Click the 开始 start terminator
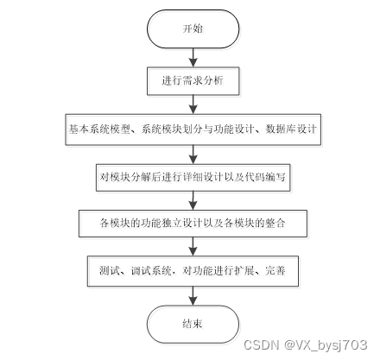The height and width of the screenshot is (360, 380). click(x=193, y=28)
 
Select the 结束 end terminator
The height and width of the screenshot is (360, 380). click(x=193, y=324)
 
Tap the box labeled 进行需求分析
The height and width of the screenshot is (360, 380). click(x=193, y=81)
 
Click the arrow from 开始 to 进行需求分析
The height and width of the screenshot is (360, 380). click(x=193, y=58)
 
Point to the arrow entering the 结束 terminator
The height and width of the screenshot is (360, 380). click(x=193, y=296)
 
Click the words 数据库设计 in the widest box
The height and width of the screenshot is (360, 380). click(x=290, y=129)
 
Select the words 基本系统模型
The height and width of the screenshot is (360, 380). click(x=99, y=129)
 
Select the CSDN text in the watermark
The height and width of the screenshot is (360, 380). click(x=262, y=344)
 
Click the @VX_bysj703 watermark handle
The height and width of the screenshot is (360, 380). click(x=326, y=345)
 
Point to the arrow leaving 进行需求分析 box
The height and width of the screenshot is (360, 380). click(x=193, y=104)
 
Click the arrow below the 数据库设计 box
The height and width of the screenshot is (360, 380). click(x=193, y=155)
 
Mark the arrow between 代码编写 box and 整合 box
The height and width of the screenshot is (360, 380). click(x=193, y=200)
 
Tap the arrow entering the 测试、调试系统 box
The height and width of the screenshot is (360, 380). click(x=193, y=247)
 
